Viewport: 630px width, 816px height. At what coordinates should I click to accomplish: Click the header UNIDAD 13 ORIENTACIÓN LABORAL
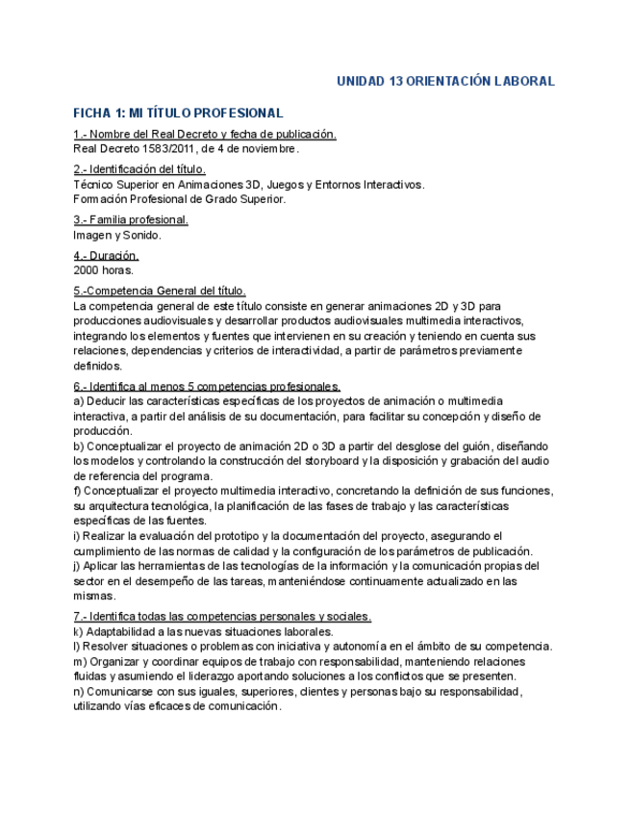coord(444,82)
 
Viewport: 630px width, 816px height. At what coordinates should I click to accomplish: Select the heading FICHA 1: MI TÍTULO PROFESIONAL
coord(178,114)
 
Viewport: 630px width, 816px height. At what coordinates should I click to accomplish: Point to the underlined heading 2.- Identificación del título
coord(139,169)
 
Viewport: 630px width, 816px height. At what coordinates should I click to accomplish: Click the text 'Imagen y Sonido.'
coord(117,235)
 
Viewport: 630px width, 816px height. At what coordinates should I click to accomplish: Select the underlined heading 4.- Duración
coord(106,256)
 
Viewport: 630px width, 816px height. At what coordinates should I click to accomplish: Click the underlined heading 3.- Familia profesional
coord(131,220)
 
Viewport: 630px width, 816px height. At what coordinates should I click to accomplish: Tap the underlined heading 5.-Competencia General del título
coord(160,291)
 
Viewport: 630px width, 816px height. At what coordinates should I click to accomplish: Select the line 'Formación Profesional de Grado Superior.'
coord(179,199)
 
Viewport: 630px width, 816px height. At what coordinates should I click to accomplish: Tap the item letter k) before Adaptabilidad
coord(78,632)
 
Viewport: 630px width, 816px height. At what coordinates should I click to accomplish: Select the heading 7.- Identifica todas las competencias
coord(222,617)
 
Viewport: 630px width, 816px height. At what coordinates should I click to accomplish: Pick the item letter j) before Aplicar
coord(77,567)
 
